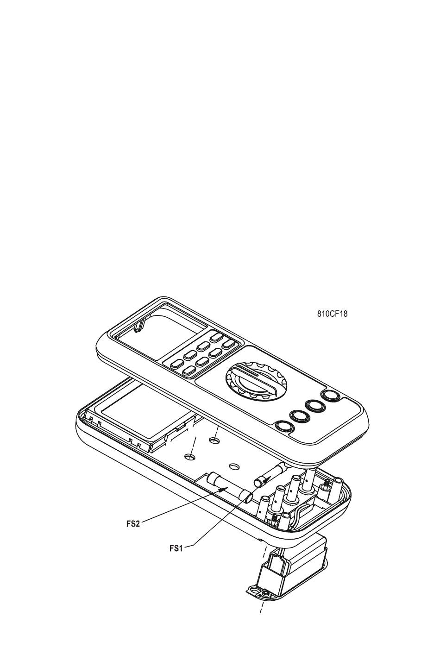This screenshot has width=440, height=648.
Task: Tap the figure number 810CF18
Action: point(332,314)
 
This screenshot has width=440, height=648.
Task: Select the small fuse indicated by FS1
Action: point(270,475)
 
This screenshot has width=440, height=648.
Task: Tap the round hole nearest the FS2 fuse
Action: point(234,466)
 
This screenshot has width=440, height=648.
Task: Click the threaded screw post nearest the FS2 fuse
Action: point(274,519)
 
